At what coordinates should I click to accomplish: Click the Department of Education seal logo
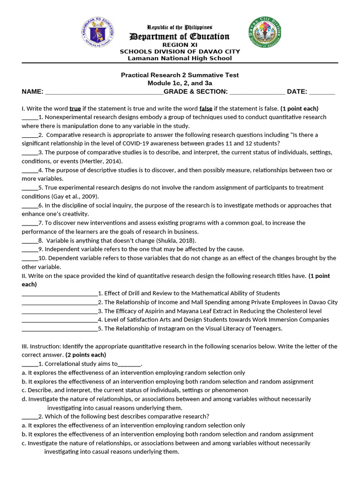click(x=99, y=33)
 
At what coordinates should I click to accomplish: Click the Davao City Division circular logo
click(x=265, y=36)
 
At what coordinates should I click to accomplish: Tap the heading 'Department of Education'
click(x=180, y=37)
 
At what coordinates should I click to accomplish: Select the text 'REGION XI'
click(x=180, y=45)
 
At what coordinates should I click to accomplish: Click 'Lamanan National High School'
click(x=180, y=58)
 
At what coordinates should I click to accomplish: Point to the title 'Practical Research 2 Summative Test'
click(x=180, y=75)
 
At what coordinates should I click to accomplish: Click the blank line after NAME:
click(x=104, y=92)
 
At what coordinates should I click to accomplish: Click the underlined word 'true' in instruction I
click(x=75, y=108)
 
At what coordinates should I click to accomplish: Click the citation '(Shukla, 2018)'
click(x=166, y=240)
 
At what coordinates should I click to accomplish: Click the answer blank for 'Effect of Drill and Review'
click(x=60, y=293)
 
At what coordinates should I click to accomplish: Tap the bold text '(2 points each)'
click(x=86, y=355)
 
